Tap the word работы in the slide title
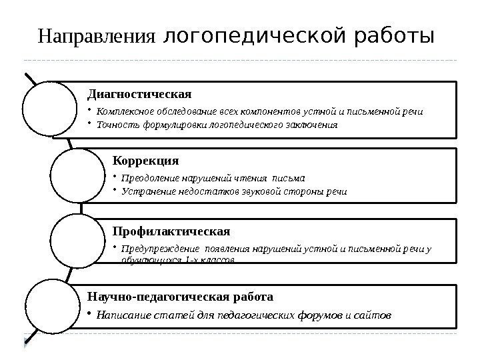[x=393, y=33]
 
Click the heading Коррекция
[x=146, y=161]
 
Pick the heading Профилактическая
[x=171, y=231]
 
